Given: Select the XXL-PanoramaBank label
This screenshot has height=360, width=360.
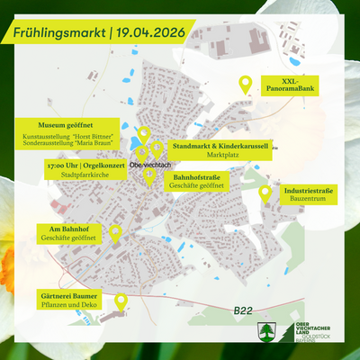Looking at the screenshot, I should pyautogui.click(x=290, y=86).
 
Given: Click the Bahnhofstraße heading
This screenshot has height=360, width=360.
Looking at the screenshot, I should pyautogui.click(x=196, y=178).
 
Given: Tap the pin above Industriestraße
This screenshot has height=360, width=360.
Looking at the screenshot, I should pyautogui.click(x=265, y=193).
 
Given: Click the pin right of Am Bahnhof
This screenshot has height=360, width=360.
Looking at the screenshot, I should pyautogui.click(x=115, y=233).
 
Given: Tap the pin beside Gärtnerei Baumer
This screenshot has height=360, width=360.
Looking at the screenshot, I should pyautogui.click(x=120, y=300).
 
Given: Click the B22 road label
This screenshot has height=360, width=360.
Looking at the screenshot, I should pyautogui.click(x=243, y=310).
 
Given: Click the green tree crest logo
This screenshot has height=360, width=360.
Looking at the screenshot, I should pyautogui.click(x=267, y=330).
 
